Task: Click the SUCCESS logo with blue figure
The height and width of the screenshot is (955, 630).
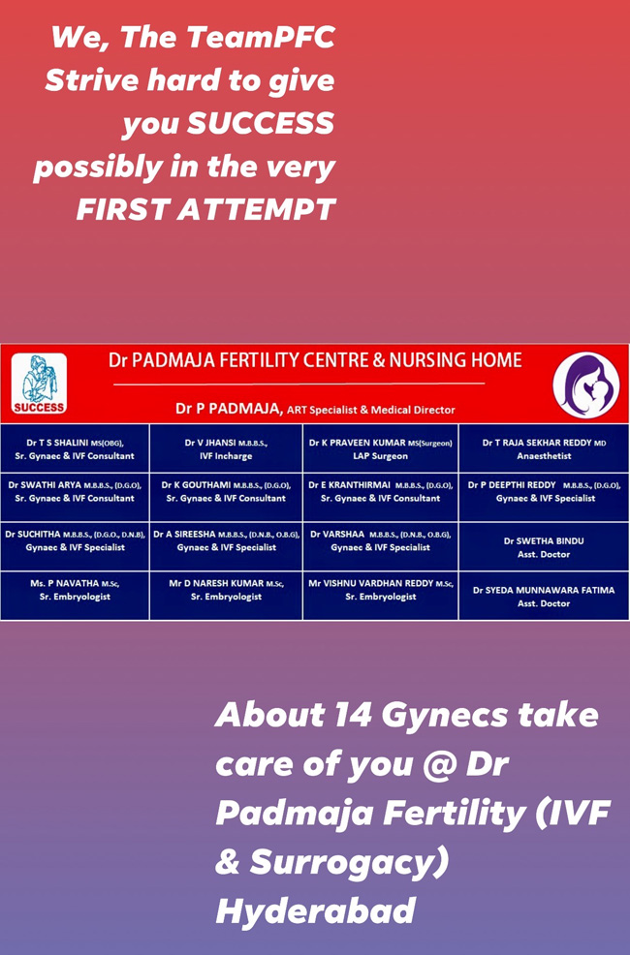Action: click(39, 384)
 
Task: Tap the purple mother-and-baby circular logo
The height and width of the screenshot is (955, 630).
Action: click(586, 385)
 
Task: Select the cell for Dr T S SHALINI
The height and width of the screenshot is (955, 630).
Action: click(75, 448)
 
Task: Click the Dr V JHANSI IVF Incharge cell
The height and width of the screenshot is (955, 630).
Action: click(226, 448)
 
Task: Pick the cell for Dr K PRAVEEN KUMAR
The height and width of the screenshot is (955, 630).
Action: click(380, 448)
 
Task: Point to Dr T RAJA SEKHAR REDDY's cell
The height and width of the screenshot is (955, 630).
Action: click(544, 448)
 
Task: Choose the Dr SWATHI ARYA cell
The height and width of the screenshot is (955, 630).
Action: click(75, 498)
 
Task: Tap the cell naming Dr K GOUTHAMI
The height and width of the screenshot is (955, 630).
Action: click(226, 498)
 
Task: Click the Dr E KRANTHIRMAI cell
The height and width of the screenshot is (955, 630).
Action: click(380, 498)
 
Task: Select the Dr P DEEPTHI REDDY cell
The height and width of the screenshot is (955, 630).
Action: click(544, 498)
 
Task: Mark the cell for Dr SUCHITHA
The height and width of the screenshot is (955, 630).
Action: click(75, 546)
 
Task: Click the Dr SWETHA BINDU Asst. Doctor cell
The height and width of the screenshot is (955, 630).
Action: click(544, 546)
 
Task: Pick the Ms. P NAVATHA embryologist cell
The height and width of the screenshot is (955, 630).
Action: click(75, 596)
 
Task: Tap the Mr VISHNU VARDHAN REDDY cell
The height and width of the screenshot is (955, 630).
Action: click(380, 596)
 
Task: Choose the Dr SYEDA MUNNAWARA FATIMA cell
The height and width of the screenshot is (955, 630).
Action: click(544, 596)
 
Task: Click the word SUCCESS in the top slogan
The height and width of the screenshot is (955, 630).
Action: click(260, 122)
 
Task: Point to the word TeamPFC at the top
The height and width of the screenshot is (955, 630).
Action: click(261, 37)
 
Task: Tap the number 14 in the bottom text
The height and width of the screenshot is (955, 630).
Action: click(352, 714)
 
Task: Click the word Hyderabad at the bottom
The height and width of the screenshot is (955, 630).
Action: click(316, 910)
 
